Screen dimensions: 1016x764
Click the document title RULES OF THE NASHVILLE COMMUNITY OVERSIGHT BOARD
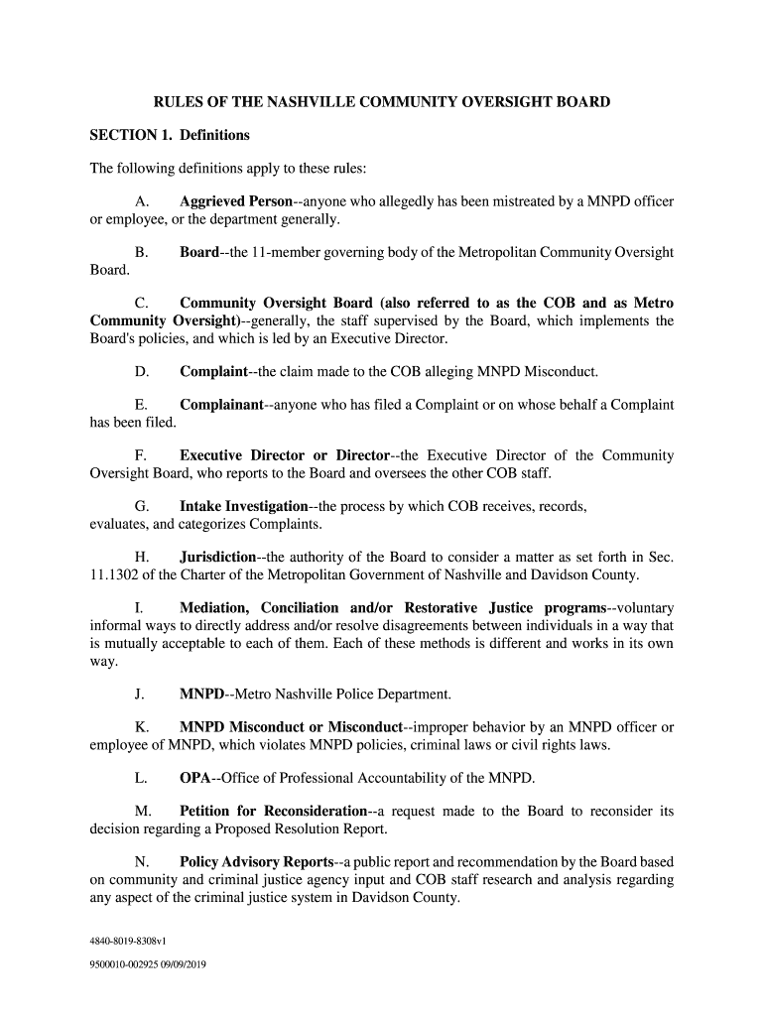click(x=381, y=102)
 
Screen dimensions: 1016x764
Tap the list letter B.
click(x=141, y=253)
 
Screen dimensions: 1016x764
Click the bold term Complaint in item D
click(x=213, y=372)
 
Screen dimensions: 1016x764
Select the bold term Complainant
click(x=221, y=405)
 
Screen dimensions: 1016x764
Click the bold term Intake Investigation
click(x=243, y=507)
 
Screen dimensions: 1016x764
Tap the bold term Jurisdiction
click(x=217, y=558)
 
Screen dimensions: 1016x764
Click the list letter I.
click(x=139, y=608)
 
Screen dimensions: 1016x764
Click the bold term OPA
click(x=194, y=779)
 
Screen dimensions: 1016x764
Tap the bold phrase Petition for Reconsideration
click(x=274, y=812)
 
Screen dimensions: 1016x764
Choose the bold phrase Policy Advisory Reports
click(x=256, y=862)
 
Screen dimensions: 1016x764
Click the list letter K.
click(x=141, y=727)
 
